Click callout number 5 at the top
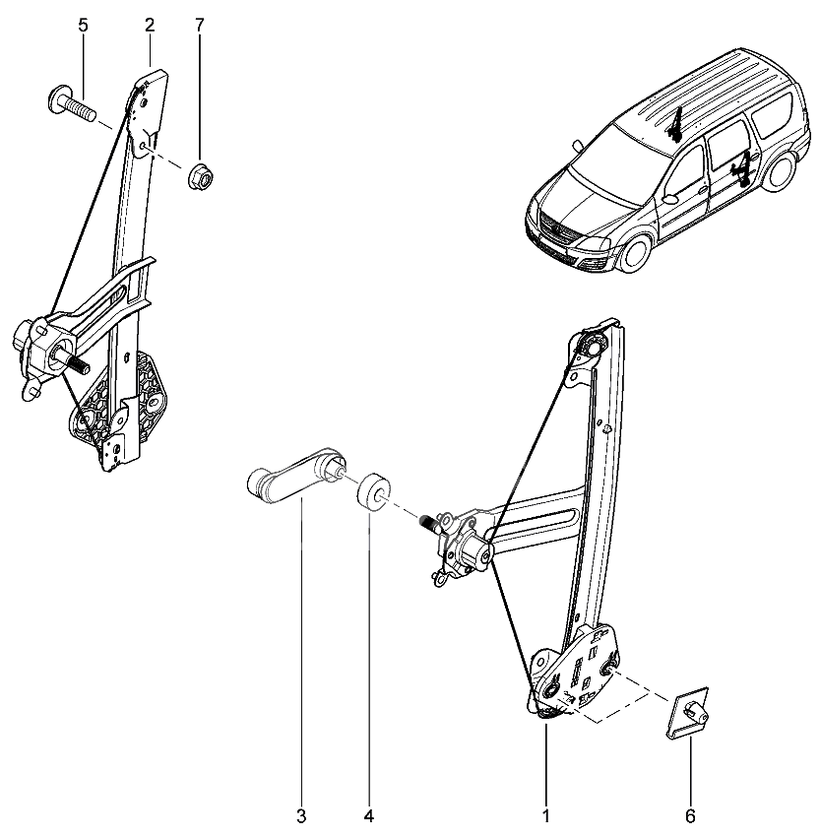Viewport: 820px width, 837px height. pyautogui.click(x=83, y=26)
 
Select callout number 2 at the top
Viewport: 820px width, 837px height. pyautogui.click(x=149, y=25)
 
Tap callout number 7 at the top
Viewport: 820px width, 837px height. pyautogui.click(x=200, y=25)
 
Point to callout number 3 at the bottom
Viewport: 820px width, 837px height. pyautogui.click(x=301, y=816)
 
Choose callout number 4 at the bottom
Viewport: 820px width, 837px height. pyautogui.click(x=369, y=816)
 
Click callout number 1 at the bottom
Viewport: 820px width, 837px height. pyautogui.click(x=545, y=816)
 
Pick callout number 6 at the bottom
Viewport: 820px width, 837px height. pyautogui.click(x=691, y=816)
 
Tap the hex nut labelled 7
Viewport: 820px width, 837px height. pyautogui.click(x=202, y=175)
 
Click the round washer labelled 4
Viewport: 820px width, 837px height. pyautogui.click(x=374, y=491)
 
